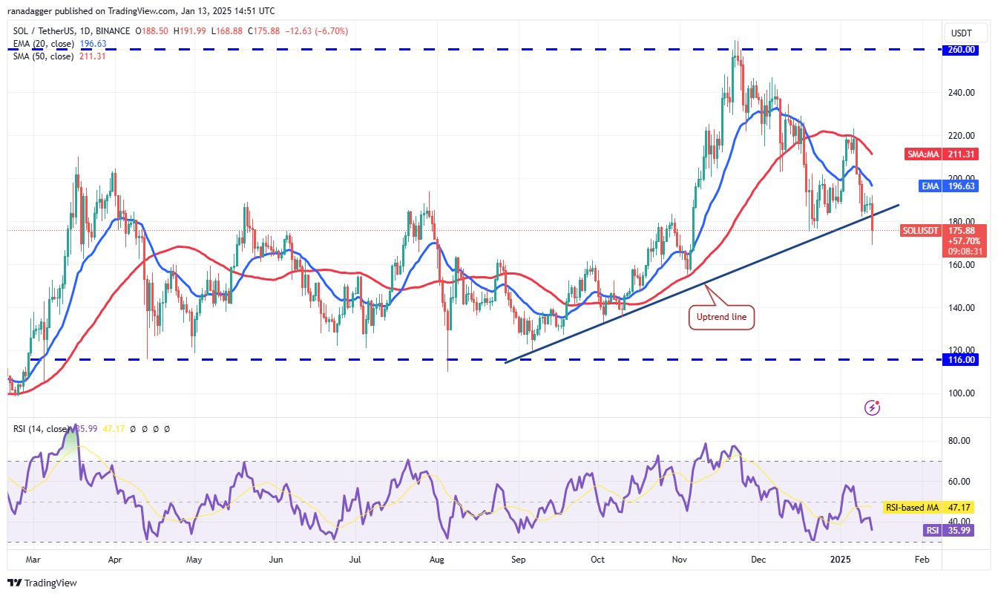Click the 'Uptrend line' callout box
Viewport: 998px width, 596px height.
point(721,317)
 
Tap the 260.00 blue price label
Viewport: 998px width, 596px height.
point(960,50)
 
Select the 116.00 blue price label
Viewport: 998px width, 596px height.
point(960,360)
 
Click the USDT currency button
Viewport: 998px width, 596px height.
point(962,33)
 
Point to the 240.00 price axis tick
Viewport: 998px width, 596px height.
point(962,92)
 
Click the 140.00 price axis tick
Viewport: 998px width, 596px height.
point(962,307)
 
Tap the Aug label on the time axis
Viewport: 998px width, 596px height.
point(436,560)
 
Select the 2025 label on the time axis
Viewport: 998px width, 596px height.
point(841,560)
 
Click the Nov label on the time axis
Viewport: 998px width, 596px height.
point(680,560)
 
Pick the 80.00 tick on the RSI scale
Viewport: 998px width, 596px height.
point(959,440)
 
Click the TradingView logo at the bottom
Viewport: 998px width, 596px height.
point(42,583)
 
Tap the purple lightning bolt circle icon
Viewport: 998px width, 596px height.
point(872,407)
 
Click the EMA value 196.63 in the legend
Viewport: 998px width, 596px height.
point(93,44)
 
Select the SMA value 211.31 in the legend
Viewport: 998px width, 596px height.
point(92,56)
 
